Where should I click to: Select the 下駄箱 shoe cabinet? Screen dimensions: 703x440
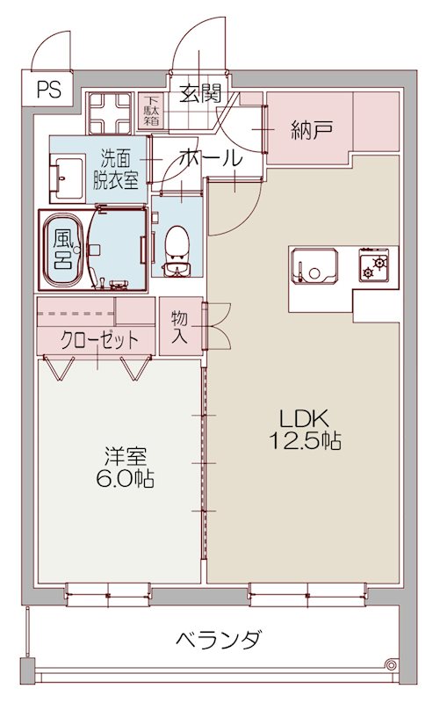[152, 112]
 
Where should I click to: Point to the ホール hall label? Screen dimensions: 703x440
[210, 158]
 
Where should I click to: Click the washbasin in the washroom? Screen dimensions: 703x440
[67, 175]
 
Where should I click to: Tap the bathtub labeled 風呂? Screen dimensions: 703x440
[63, 250]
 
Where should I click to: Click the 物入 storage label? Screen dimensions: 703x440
[180, 325]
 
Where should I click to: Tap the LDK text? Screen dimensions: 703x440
[304, 417]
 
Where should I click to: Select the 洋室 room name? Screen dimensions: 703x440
[126, 457]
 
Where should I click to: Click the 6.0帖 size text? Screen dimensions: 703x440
[126, 480]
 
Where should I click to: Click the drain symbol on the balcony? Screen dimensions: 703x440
[389, 663]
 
